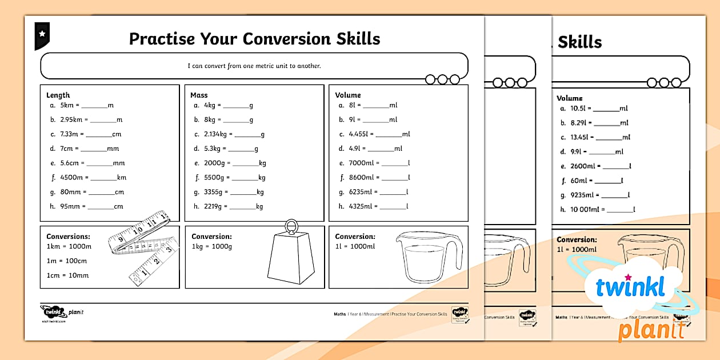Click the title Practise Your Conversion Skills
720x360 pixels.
(254, 39)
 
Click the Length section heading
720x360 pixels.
(58, 95)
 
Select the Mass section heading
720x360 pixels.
(199, 95)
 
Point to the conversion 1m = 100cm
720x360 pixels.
(67, 261)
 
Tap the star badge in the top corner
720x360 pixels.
(42, 34)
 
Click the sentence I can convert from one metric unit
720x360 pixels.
(254, 66)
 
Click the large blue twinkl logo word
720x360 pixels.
(630, 287)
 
